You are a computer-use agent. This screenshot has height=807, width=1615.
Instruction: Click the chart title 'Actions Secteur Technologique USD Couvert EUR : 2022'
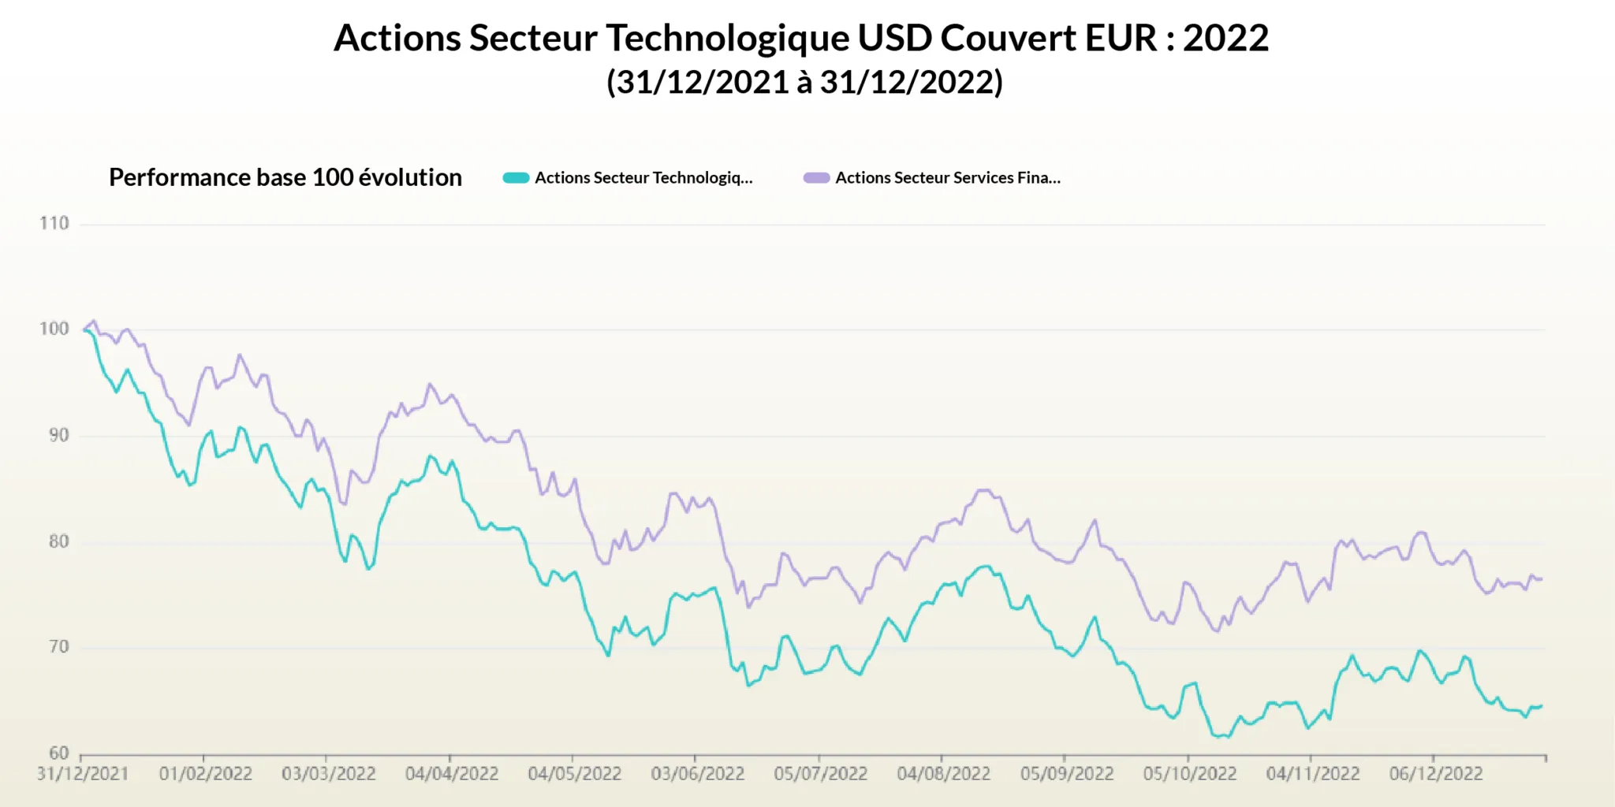click(x=801, y=38)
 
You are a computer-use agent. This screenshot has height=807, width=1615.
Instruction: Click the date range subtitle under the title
click(x=804, y=82)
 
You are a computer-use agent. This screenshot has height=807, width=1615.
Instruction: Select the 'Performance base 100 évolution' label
click(x=285, y=177)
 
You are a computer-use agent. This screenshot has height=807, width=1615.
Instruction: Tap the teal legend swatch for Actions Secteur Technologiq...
click(x=516, y=178)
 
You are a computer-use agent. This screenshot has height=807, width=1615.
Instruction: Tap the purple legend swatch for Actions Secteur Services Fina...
click(x=816, y=178)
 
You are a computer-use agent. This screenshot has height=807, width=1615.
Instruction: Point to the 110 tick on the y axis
click(x=54, y=224)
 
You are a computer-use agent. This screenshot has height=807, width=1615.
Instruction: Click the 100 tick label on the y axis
click(x=54, y=329)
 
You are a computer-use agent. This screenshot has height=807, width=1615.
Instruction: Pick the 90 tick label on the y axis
click(x=58, y=436)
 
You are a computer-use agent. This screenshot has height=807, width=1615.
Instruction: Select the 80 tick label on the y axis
click(x=58, y=542)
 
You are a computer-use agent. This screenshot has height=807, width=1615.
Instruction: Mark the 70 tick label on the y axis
click(x=58, y=648)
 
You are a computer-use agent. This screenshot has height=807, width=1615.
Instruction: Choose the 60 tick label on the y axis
click(x=58, y=753)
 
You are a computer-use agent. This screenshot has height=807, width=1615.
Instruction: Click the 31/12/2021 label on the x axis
click(x=83, y=774)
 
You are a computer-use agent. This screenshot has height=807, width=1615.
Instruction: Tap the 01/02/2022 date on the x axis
click(x=206, y=774)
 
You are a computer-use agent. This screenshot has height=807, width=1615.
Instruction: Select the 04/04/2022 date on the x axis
click(x=452, y=774)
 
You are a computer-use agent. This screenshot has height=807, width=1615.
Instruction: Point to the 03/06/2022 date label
click(x=698, y=774)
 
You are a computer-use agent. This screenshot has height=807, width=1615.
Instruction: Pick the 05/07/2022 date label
click(x=820, y=774)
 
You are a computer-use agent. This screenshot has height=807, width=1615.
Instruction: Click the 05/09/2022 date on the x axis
click(x=1067, y=774)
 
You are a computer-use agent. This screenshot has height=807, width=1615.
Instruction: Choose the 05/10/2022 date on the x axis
click(x=1190, y=774)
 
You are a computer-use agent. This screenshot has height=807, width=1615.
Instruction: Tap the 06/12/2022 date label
click(x=1436, y=774)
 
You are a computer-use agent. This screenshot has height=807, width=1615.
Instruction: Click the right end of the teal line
click(x=1542, y=706)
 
